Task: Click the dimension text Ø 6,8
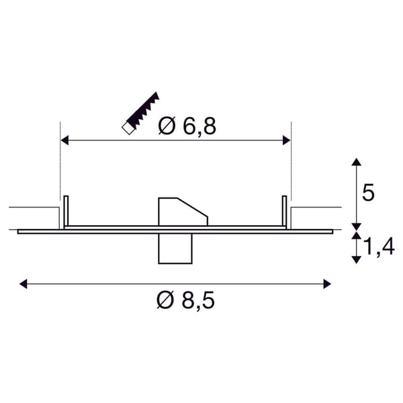[187, 126]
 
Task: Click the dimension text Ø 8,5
[185, 300]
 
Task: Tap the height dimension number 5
[368, 192]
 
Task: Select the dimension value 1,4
[379, 247]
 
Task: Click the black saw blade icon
[143, 109]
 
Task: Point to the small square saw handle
[128, 128]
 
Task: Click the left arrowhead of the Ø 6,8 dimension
[64, 140]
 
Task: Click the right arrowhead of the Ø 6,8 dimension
[287, 140]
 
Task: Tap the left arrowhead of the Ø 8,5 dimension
[23, 284]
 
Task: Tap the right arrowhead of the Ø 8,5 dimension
[327, 284]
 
